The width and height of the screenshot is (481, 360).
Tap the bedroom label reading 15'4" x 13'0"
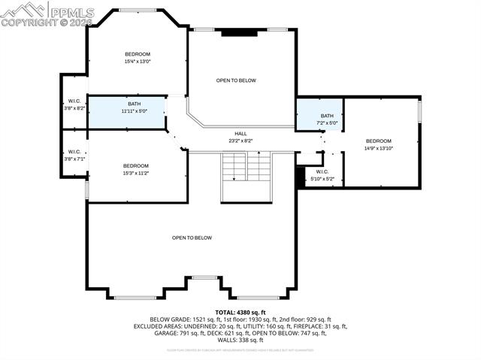pyautogui.click(x=138, y=58)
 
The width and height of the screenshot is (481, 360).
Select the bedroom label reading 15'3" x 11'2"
pyautogui.click(x=136, y=169)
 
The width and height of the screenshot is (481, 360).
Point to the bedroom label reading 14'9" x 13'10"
pyautogui.click(x=379, y=144)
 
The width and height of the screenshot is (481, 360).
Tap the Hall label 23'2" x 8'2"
pyautogui.click(x=240, y=137)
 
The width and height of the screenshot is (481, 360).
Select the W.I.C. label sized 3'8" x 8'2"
pyautogui.click(x=74, y=104)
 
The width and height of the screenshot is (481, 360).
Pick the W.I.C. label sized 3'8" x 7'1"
pyautogui.click(x=74, y=156)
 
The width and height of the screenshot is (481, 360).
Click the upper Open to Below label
pyautogui.click(x=236, y=80)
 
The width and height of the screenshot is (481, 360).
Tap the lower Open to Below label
pyautogui.click(x=192, y=237)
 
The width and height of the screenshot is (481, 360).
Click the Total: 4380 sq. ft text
pyautogui.click(x=240, y=312)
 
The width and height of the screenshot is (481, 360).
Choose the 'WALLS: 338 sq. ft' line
pyautogui.click(x=240, y=340)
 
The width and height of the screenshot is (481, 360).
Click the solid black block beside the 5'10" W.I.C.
pyautogui.click(x=301, y=176)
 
